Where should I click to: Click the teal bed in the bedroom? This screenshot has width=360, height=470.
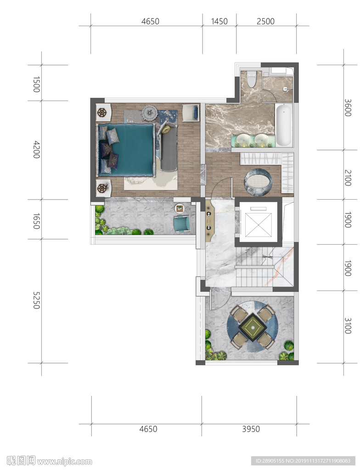click(126, 150)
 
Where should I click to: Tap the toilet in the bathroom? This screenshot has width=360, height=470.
click(251, 79)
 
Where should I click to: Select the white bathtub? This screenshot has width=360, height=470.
click(284, 125)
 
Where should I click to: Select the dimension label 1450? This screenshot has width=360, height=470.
click(219, 22)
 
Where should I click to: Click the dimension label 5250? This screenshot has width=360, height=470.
click(36, 300)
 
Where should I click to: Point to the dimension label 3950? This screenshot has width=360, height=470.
click(251, 429)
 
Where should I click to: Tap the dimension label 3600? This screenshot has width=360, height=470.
click(348, 107)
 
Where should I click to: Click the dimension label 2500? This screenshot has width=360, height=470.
click(265, 22)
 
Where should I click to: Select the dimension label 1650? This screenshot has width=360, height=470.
click(36, 221)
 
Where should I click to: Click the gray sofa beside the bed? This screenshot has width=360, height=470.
click(169, 146)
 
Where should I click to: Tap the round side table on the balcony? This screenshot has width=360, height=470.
click(180, 208)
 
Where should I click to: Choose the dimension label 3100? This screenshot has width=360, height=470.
click(348, 326)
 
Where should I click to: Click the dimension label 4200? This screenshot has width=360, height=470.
click(36, 150)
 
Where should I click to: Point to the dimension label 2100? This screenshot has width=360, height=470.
click(348, 178)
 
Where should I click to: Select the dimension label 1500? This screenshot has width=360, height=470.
click(36, 84)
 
